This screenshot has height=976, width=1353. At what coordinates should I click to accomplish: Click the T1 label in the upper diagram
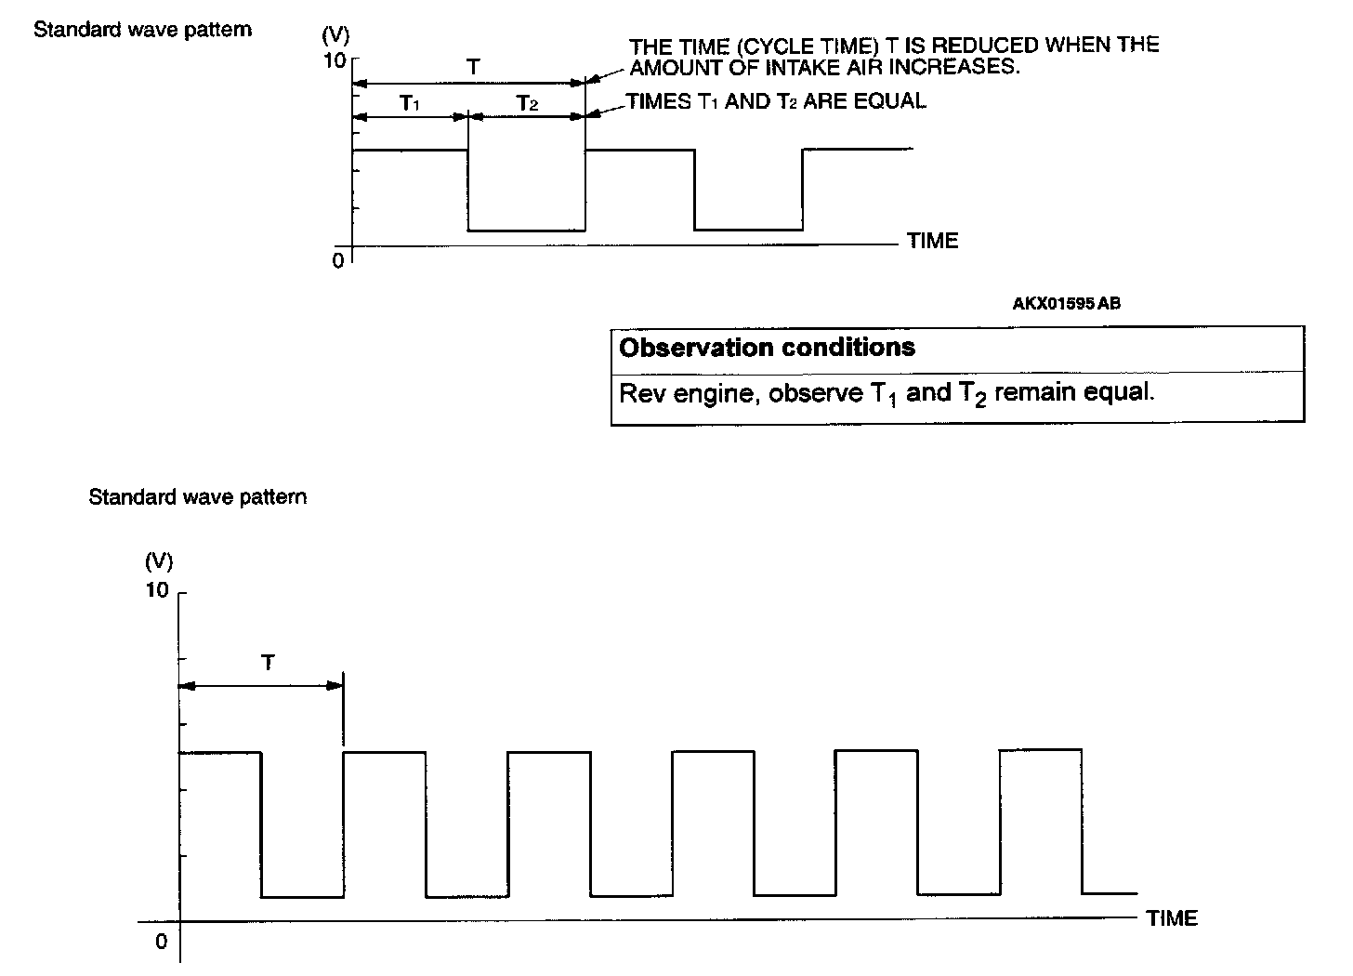click(410, 103)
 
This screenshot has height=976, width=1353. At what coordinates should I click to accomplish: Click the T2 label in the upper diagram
click(527, 103)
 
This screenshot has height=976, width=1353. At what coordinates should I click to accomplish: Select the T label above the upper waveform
click(473, 67)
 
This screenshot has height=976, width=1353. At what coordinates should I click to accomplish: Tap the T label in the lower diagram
click(268, 663)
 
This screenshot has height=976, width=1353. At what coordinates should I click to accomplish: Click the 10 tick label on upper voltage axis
click(334, 60)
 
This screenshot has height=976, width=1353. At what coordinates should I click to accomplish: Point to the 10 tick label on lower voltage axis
click(157, 590)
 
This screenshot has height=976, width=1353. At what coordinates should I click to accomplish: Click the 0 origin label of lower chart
click(161, 942)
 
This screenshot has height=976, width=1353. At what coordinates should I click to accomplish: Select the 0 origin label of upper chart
click(338, 260)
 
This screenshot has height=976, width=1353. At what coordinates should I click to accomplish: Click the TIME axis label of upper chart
click(932, 241)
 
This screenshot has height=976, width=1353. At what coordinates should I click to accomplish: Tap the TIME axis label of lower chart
click(1172, 918)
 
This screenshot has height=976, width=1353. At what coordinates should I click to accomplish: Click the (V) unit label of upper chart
click(335, 36)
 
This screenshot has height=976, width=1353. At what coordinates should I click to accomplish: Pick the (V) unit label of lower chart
click(159, 561)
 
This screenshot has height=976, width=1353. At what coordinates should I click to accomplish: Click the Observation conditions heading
click(767, 348)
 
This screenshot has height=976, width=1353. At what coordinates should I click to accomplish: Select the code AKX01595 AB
click(1066, 303)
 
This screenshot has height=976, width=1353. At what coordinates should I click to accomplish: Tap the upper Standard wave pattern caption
click(142, 29)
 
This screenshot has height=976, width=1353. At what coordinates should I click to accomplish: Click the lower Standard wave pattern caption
click(197, 496)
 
